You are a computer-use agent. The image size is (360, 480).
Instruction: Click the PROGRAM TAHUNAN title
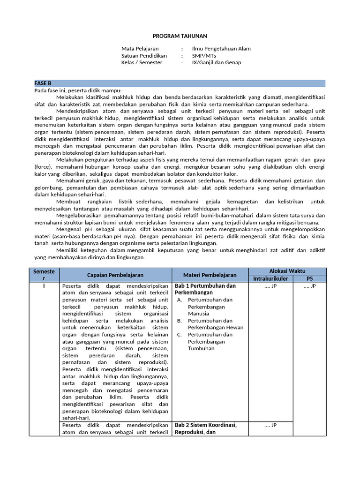pos(180,36)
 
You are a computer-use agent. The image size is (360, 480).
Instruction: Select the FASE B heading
pos(43,83)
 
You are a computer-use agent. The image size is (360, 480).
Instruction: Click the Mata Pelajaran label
pos(140,49)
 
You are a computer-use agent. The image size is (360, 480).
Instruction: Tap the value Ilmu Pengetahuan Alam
pos(221,49)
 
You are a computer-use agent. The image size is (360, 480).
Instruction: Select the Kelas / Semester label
pos(142,62)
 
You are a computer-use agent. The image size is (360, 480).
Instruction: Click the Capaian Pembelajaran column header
pos(115,275)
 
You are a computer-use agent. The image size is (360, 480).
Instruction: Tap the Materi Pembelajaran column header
pos(210,275)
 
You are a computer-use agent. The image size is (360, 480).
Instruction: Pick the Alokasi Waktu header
pos(287,271)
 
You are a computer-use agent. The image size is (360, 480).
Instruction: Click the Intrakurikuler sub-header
pos(270,278)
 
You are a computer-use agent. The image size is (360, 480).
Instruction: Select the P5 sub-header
pos(309,278)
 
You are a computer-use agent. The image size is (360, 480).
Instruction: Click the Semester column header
pos(44,275)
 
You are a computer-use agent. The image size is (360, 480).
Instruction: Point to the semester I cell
pos(44,285)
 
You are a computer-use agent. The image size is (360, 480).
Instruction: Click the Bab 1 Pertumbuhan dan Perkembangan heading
pos(205,289)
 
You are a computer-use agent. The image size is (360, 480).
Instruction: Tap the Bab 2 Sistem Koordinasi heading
pos(206,428)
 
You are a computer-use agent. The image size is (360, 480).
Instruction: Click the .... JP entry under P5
pos(309,285)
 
